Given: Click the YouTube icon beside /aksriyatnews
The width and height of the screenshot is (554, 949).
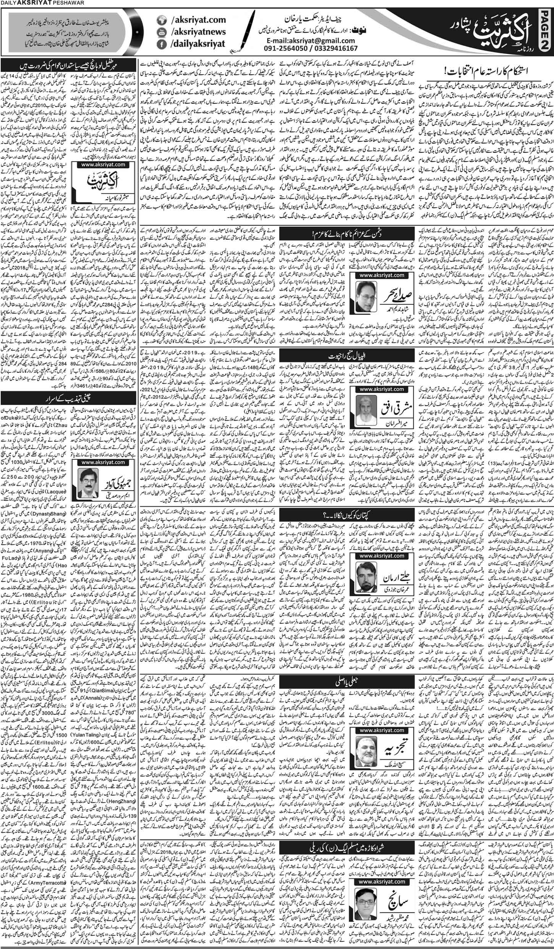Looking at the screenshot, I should tap(161, 31).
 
